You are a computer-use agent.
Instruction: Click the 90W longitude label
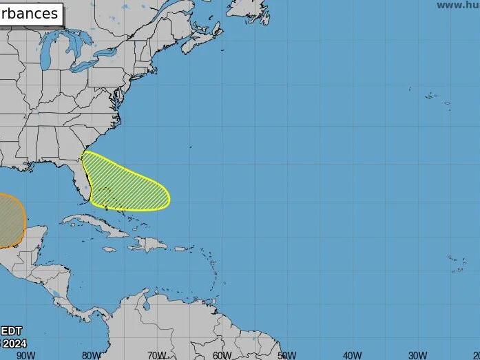[x=25, y=355]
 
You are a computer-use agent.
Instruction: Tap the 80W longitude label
[x=91, y=355]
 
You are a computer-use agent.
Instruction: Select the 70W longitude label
[x=156, y=355]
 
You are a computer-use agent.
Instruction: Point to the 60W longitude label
[x=222, y=355]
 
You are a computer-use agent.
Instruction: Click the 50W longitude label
[x=287, y=355]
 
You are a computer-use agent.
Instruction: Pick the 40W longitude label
[x=352, y=355]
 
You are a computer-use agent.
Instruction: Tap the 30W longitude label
[x=417, y=355]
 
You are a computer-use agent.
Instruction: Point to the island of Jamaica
[x=109, y=249]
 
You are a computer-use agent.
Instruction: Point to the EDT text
[x=11, y=330]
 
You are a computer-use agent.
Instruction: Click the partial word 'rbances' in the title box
[x=30, y=14]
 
